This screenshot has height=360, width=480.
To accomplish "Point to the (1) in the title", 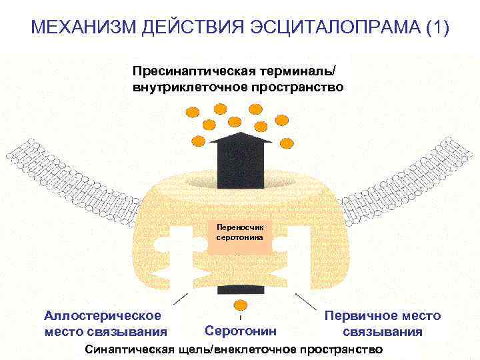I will point(435,29).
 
